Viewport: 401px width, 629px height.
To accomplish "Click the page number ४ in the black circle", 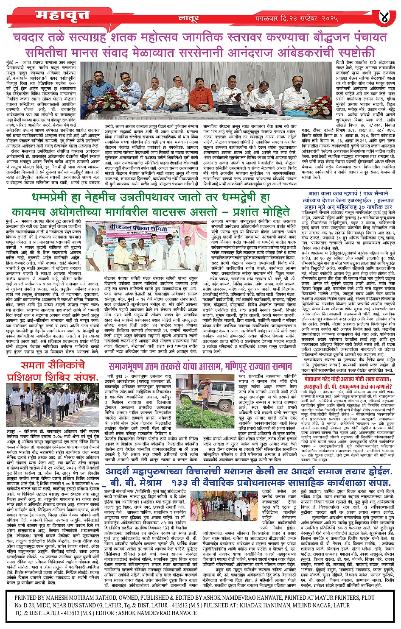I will (x=384, y=18).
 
